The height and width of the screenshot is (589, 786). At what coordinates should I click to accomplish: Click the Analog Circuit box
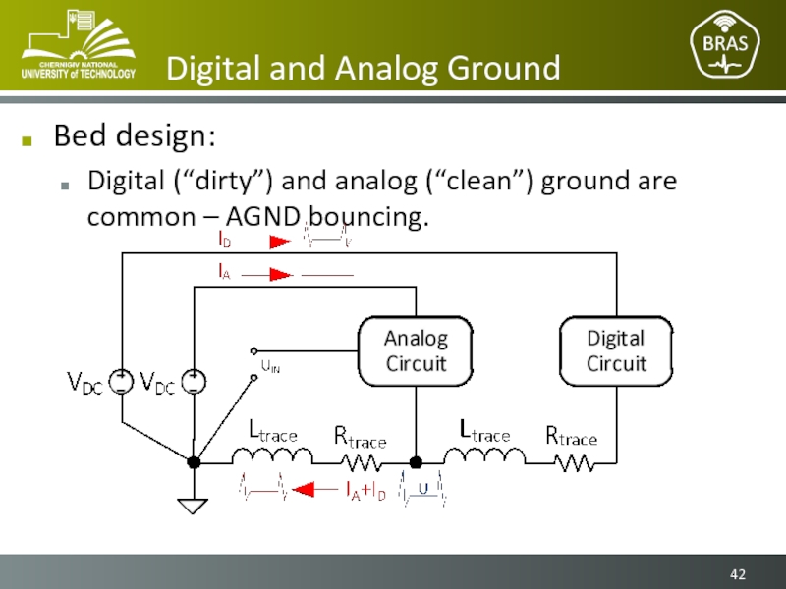tap(415, 351)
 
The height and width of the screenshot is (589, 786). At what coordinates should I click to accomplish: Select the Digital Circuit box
tap(616, 351)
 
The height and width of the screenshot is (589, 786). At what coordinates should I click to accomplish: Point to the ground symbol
tap(194, 505)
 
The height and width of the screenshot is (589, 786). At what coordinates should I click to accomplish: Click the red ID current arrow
tap(280, 240)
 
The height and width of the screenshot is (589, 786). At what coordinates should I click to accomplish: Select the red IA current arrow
tap(280, 275)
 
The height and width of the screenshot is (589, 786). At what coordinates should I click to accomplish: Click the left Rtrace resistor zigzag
tap(363, 461)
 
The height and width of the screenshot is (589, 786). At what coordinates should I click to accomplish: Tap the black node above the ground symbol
tap(194, 461)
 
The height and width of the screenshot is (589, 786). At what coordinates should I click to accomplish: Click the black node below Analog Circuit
tap(415, 461)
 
